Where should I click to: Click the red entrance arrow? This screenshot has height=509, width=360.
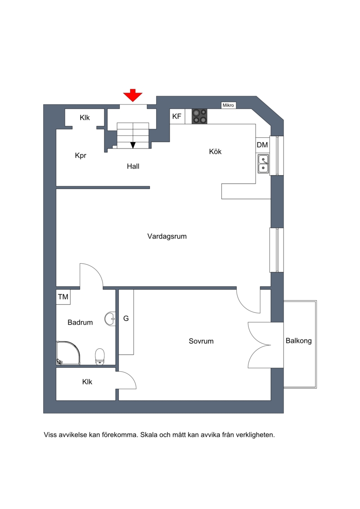tap(132, 95)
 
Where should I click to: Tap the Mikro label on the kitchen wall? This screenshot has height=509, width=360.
tap(228, 105)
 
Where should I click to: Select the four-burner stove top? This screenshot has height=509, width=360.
tap(199, 116)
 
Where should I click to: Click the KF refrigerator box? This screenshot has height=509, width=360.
tap(177, 116)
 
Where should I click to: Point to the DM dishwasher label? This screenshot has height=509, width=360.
tap(262, 145)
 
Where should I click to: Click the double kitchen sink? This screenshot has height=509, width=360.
tap(263, 164)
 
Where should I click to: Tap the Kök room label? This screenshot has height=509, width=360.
tap(215, 152)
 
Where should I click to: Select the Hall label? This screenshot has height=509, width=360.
tap(133, 167)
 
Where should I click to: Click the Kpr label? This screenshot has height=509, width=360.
tap(81, 156)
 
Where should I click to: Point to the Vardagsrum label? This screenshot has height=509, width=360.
tap(167, 236)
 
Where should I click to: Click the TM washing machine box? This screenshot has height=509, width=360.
tap(63, 297)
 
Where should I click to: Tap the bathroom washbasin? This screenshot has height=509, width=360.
tap(110, 319)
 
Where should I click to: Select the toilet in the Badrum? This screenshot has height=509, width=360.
tap(100, 357)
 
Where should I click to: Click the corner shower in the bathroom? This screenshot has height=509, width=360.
tap(68, 352)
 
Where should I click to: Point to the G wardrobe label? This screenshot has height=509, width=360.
tap(126, 319)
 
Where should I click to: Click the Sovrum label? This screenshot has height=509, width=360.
tap(201, 341)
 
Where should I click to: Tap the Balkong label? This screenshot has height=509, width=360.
tap(299, 341)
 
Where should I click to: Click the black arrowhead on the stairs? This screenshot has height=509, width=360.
tap(133, 145)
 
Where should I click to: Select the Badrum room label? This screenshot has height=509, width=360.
tap(80, 322)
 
